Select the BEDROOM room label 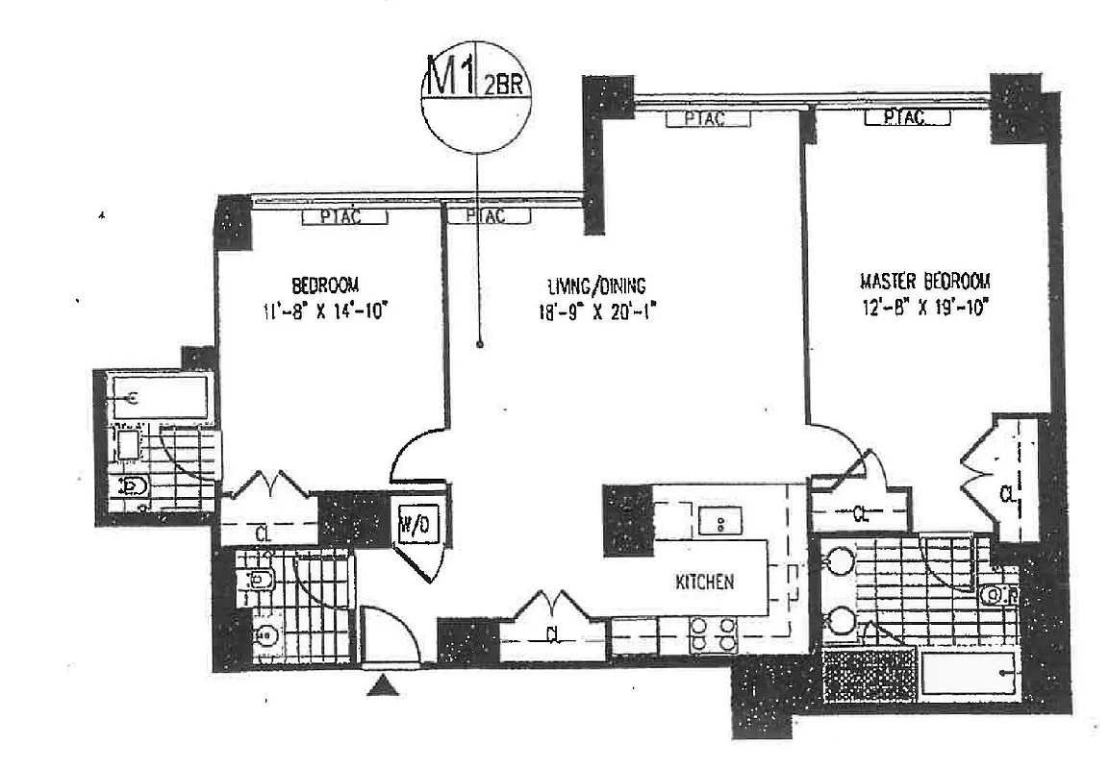point(325,285)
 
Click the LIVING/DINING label point(596,285)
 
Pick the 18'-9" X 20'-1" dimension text point(596,310)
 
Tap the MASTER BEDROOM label point(924,282)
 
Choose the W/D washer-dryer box point(416,525)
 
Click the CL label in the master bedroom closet point(1006,494)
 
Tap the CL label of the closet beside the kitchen point(553,634)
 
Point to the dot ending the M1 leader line point(478,344)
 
